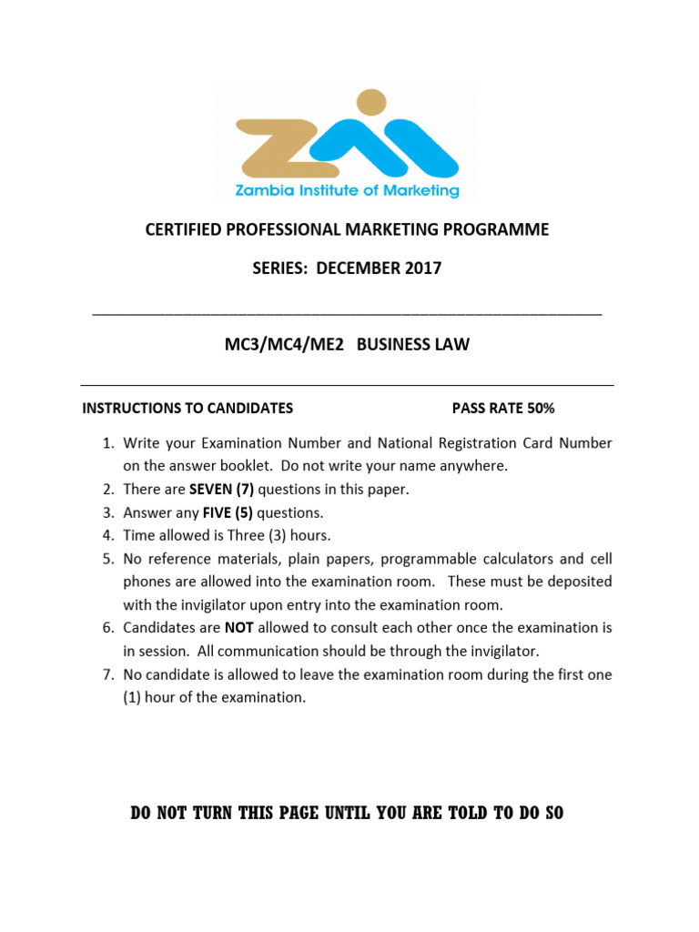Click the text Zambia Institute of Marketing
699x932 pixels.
348,191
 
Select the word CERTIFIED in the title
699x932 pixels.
182,230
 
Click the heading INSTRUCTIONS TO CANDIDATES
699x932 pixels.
187,409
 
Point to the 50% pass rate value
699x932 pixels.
539,409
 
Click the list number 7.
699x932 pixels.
106,674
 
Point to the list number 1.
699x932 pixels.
106,443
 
